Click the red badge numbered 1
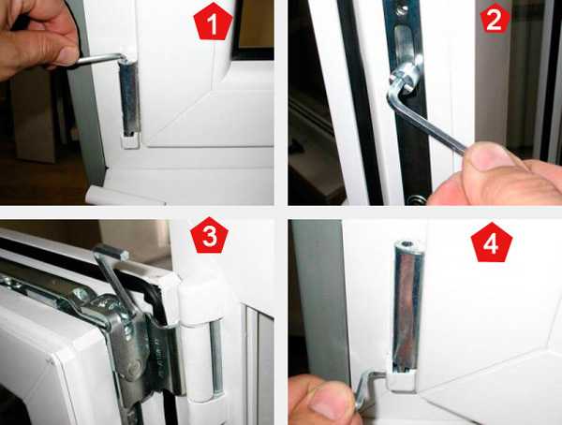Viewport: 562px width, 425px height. (213, 22)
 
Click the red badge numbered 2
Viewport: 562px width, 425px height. (495, 20)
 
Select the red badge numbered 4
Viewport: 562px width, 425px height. (492, 242)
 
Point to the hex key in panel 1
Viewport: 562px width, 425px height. (96, 59)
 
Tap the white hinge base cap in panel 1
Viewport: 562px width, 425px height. (130, 141)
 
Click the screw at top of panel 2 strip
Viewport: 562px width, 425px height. (402, 9)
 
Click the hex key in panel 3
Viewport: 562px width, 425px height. (111, 275)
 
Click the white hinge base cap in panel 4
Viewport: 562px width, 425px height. (402, 379)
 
